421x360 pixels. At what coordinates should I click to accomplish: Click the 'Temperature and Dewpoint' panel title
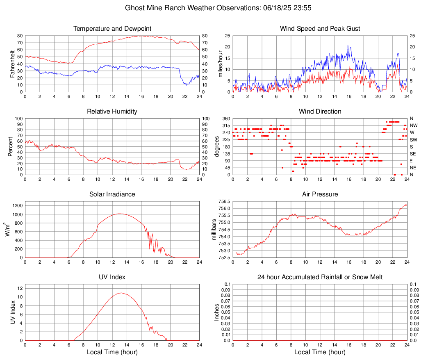point(112,29)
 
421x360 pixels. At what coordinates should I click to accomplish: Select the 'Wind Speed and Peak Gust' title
point(320,29)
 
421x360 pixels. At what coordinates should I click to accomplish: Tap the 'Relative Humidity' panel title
point(112,112)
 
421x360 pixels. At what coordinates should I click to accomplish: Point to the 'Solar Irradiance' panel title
point(112,194)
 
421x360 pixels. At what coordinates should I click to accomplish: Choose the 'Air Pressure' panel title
point(320,194)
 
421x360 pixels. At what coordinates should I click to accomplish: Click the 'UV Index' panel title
point(112,277)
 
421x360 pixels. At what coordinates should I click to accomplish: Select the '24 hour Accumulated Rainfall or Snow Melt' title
point(320,277)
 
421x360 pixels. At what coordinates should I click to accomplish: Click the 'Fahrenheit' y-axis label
point(11,64)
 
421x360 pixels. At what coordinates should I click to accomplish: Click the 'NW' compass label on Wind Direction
point(414,125)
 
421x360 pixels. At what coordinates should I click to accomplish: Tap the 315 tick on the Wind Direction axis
point(225,125)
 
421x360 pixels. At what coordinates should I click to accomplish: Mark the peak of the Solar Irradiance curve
point(119,214)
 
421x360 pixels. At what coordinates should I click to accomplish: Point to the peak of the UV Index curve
point(121,293)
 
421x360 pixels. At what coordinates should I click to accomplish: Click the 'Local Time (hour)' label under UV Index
point(112,352)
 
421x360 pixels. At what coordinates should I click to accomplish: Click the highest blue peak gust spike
point(348,45)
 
